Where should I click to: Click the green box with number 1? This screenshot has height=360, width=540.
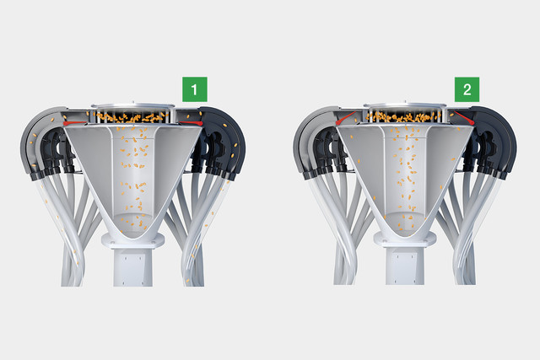195,89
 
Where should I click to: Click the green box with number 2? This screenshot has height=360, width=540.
467,89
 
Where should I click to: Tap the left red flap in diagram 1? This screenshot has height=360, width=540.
74,122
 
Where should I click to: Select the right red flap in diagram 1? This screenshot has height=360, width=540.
191,122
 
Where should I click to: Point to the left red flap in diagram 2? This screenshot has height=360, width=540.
346,118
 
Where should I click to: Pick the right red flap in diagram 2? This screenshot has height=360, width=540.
463,118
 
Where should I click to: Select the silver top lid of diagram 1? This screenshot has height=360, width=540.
132,105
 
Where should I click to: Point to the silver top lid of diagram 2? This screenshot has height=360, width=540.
405,105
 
